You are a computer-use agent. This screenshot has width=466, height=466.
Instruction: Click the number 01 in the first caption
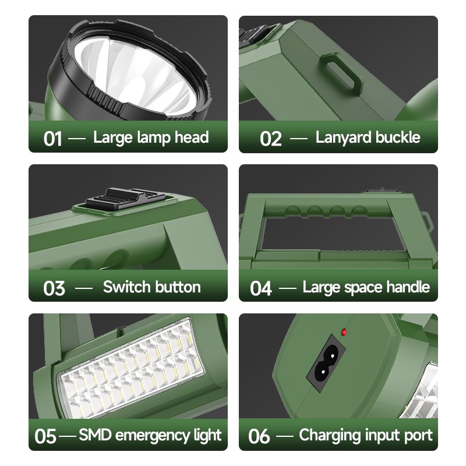[x=52, y=139]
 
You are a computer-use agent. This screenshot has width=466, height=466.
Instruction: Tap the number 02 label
[x=270, y=139]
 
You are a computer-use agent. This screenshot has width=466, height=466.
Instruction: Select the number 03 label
[x=54, y=288]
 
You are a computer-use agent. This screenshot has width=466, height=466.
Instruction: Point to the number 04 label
[x=260, y=288]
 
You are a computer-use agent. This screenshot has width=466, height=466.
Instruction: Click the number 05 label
[x=45, y=436]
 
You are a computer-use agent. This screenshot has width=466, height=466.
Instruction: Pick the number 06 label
[x=259, y=436]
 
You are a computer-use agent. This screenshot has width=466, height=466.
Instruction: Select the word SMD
[x=95, y=435]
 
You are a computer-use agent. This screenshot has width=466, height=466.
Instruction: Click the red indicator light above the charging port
[x=344, y=332]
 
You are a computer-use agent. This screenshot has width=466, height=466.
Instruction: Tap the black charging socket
[x=326, y=361]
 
